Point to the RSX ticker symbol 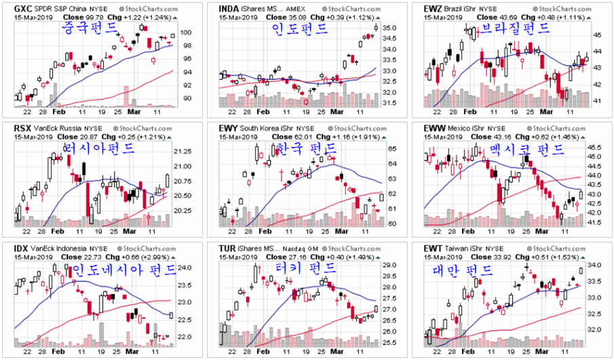(20, 127)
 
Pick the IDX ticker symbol (20, 248)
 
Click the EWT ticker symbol (432, 248)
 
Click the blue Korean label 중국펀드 (88, 28)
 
